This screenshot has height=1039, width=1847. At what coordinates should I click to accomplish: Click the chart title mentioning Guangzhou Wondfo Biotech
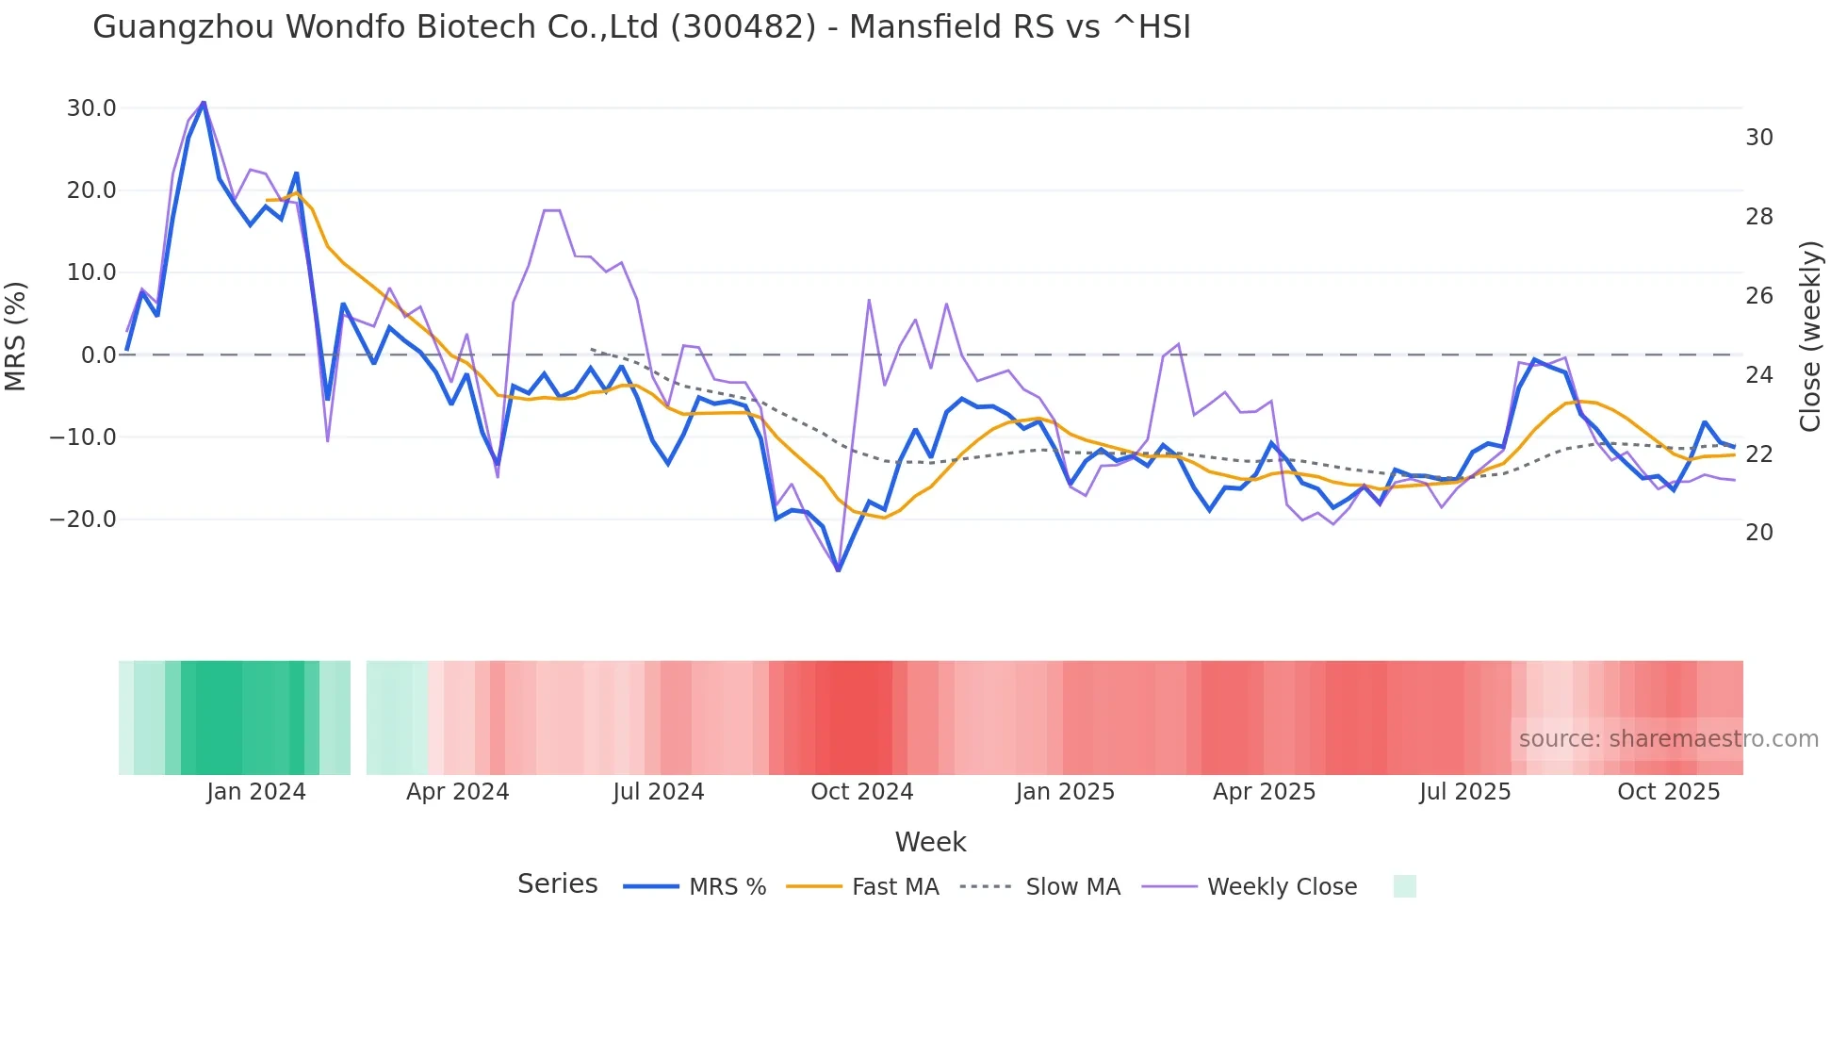coord(642,27)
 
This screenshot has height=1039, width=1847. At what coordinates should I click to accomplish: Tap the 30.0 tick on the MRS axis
coord(91,108)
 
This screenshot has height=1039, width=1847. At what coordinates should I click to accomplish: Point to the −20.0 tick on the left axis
coord(83,519)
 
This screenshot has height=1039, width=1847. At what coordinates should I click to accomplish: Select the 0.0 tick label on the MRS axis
coord(98,355)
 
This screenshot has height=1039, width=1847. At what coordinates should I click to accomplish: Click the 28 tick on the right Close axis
coord(1758,217)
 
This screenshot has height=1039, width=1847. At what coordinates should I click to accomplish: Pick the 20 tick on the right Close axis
coord(1758,533)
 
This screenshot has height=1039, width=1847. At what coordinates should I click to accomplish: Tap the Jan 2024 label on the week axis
coord(256,792)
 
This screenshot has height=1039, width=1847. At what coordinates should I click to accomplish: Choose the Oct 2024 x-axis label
coord(861,792)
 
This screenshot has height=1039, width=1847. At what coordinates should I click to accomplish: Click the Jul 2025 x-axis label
coord(1464,792)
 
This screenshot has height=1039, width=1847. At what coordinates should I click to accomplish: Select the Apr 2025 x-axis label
coord(1264,792)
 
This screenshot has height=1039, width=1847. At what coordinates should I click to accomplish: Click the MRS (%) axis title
coord(16,337)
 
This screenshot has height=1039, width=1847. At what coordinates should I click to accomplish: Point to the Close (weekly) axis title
coord(1810,337)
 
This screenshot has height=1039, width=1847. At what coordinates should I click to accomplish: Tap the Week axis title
coord(930,842)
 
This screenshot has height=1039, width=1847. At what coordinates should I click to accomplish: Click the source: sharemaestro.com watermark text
coord(1668,739)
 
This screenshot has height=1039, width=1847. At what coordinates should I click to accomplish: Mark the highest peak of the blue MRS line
coord(204,103)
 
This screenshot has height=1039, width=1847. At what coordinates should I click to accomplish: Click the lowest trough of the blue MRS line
coord(839,570)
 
